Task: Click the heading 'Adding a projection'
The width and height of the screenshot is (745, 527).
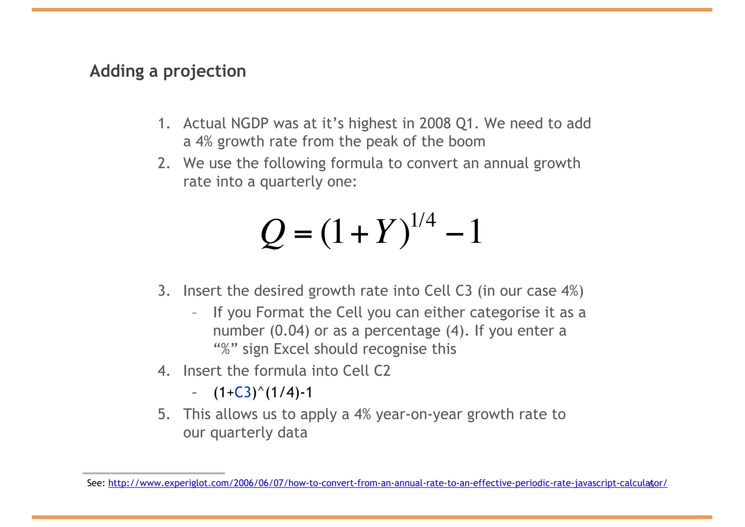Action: [x=168, y=71]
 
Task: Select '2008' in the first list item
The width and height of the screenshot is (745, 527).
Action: [x=434, y=124]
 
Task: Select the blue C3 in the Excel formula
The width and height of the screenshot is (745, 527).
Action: [x=243, y=393]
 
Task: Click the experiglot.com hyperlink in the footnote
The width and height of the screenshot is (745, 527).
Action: [x=387, y=483]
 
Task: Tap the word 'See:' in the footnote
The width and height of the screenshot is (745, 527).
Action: [x=96, y=483]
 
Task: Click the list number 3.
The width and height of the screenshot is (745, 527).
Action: [x=164, y=291]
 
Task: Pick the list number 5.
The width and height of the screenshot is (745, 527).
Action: [x=164, y=415]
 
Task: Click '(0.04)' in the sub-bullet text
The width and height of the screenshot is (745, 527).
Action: [x=290, y=331]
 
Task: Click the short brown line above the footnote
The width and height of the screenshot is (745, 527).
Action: [x=154, y=473]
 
